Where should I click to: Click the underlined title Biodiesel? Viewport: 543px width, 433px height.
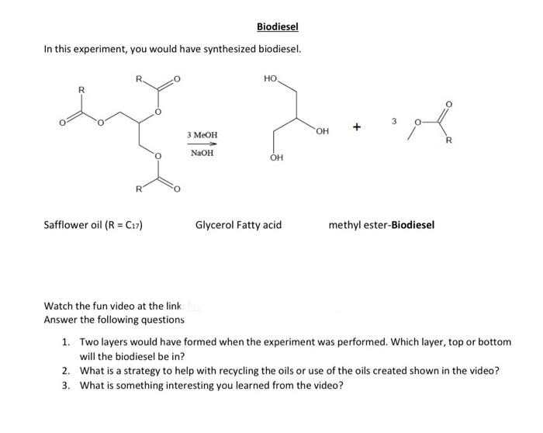[x=278, y=28]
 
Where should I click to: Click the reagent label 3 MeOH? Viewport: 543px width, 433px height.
[x=202, y=136]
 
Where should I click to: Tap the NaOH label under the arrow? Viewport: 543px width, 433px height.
[x=202, y=153]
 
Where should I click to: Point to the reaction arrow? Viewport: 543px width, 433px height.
[x=202, y=144]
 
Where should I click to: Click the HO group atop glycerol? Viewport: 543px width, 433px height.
[x=270, y=79]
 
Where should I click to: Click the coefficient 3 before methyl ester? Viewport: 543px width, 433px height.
[x=394, y=121]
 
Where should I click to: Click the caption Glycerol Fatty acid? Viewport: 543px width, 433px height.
[x=238, y=225]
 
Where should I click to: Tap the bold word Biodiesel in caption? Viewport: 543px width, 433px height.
[x=413, y=225]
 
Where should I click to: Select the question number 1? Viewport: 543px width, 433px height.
[x=67, y=342]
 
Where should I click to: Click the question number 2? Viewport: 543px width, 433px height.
[x=67, y=371]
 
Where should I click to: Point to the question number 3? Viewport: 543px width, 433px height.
[x=67, y=386]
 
